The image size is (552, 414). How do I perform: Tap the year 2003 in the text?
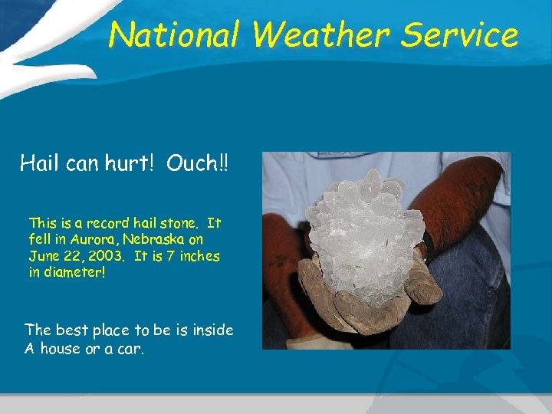point(110,256)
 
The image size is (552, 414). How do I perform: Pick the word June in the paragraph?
point(44,256)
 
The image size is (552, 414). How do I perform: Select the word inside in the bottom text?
point(212,330)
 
